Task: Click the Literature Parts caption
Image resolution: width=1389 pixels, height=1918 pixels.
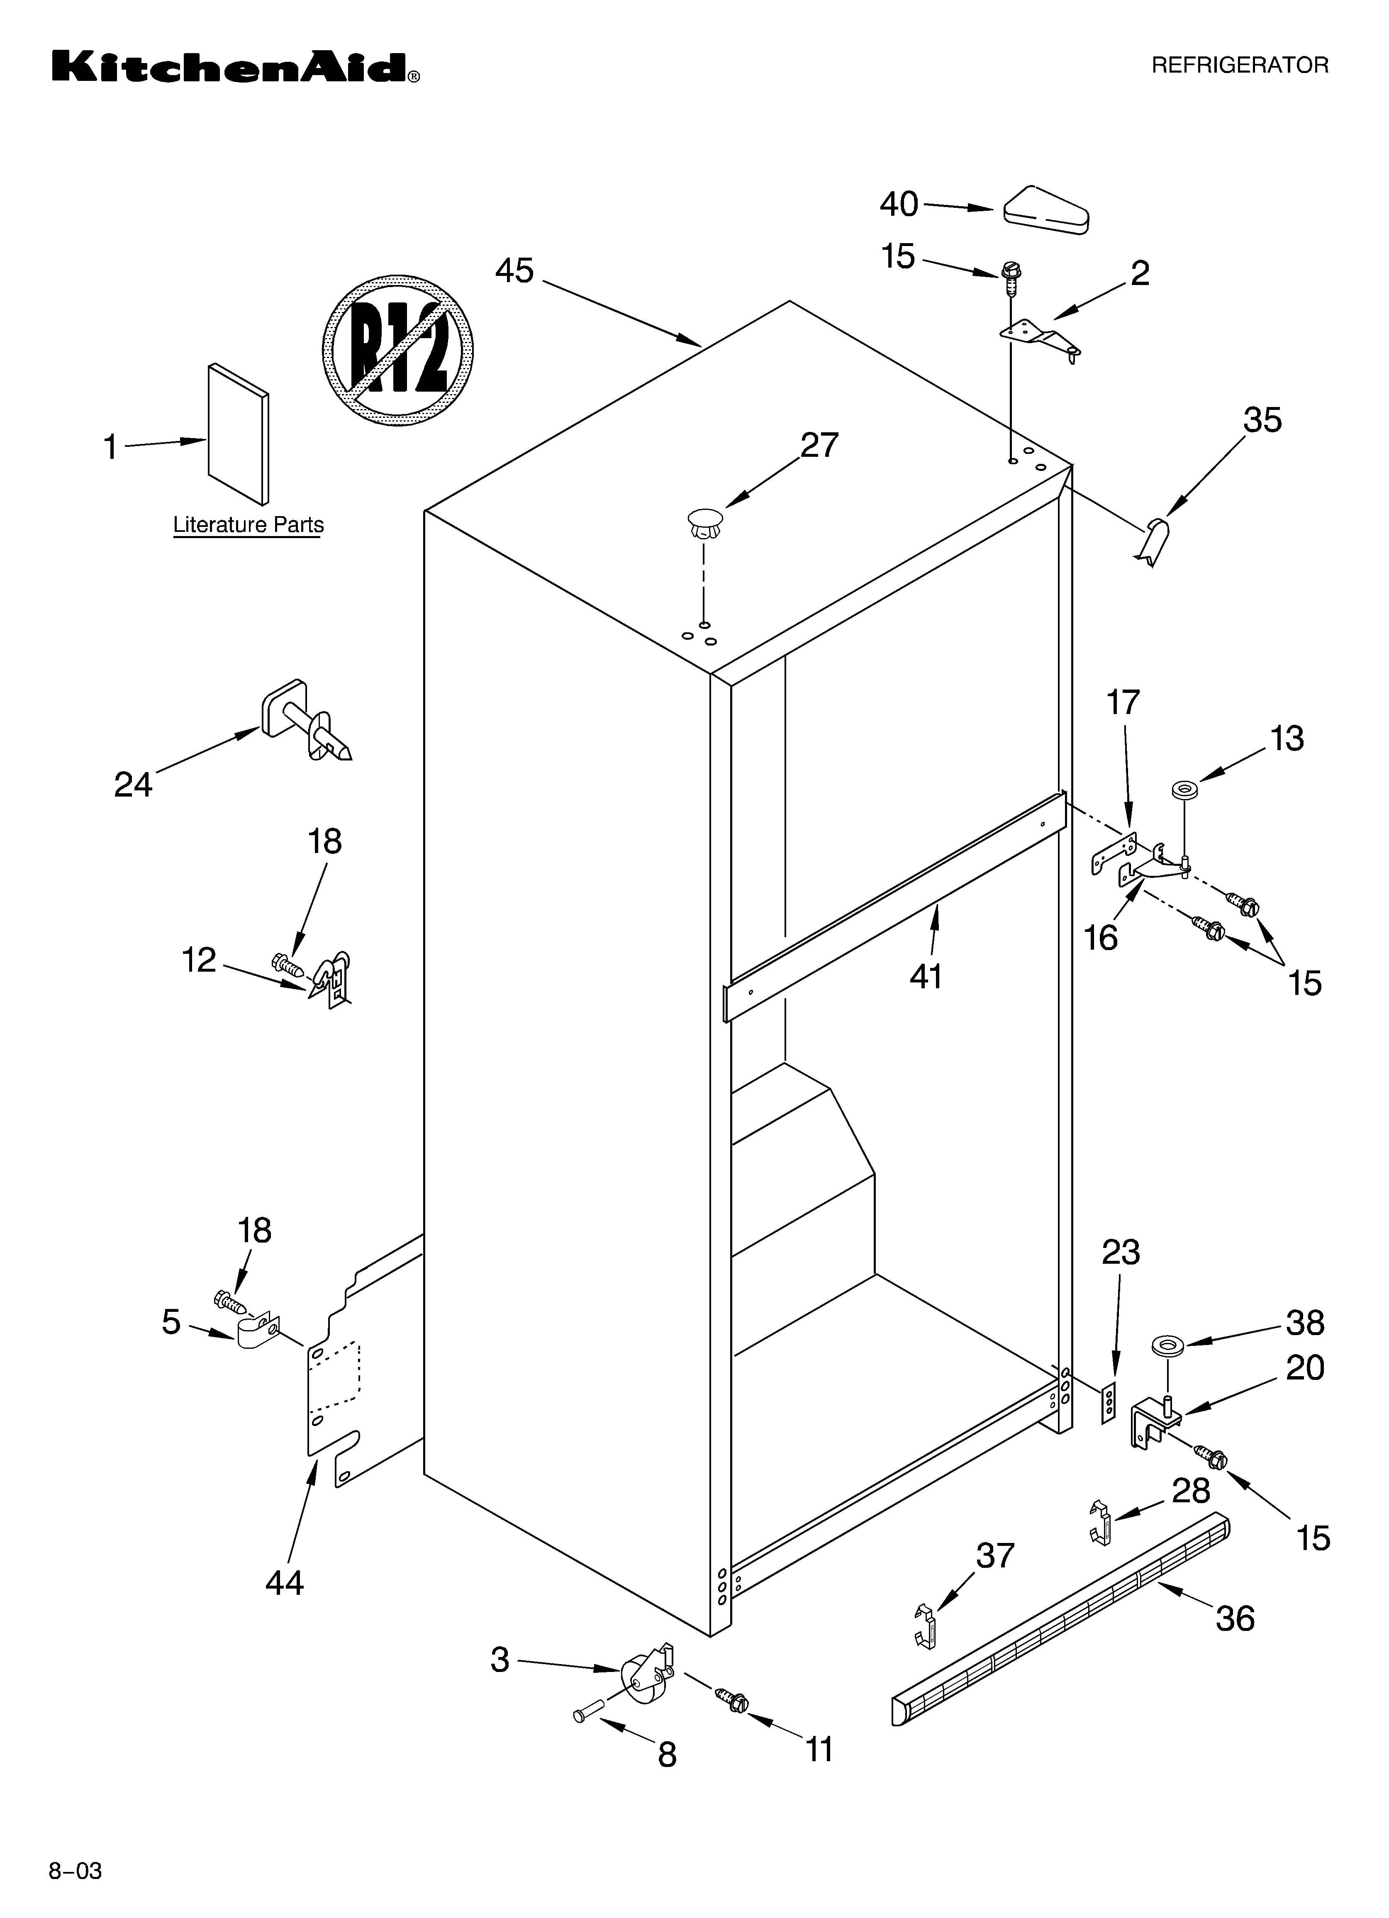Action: (x=248, y=525)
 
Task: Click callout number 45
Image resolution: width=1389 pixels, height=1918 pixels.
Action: (x=514, y=271)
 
